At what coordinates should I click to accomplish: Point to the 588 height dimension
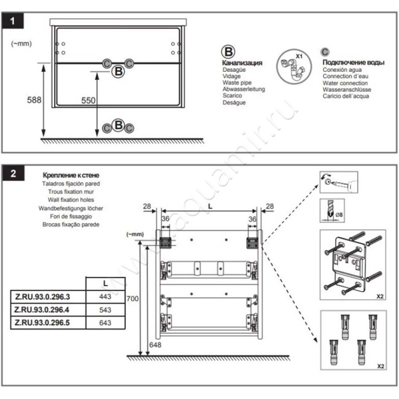coord(33,100)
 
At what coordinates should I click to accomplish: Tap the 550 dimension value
coord(88,100)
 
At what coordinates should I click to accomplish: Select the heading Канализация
coord(242,63)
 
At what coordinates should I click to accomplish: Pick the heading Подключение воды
coord(353,62)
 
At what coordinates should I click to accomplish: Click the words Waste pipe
coord(237,83)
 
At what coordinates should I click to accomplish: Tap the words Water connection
coord(345,83)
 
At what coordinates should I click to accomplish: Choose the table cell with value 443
coord(105,296)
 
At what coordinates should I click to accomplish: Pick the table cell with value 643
coord(105,323)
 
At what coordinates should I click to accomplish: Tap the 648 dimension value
coord(157,345)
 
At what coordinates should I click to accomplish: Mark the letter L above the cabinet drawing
coord(209,205)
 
